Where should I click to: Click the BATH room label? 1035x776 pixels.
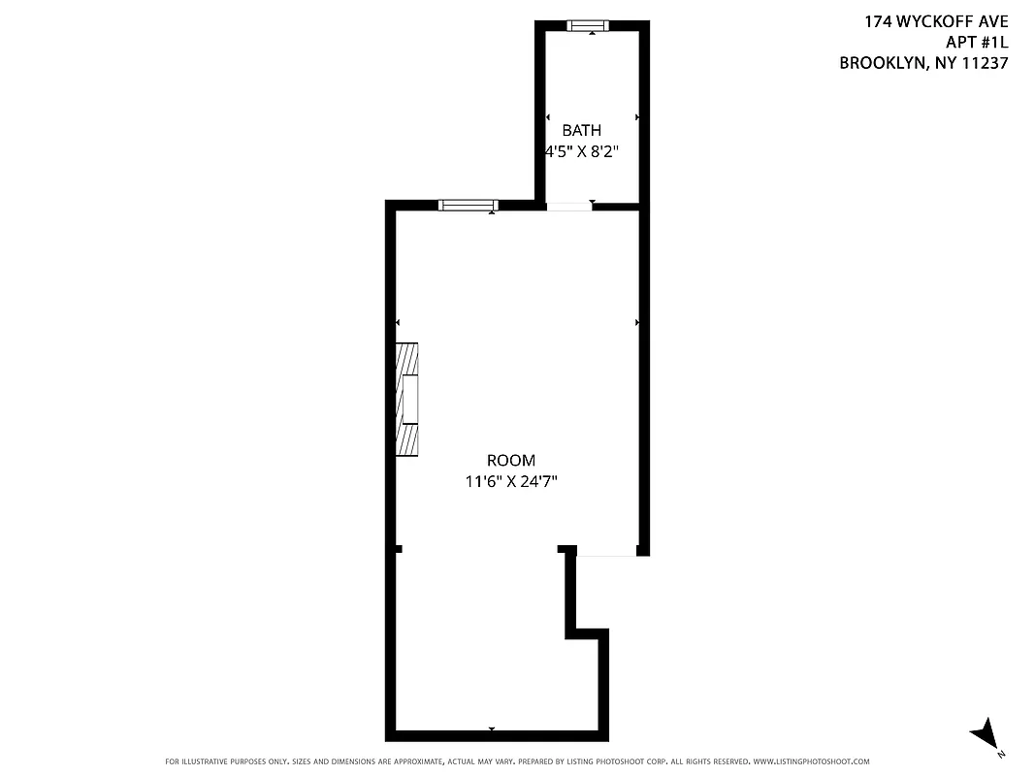pos(582,130)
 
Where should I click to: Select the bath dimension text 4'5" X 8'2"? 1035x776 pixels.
pos(582,151)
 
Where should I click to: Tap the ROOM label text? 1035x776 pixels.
pos(510,461)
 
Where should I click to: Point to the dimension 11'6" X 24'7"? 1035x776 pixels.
pos(510,480)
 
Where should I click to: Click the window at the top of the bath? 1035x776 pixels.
pos(586,26)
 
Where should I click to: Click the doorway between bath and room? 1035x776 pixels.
pos(568,206)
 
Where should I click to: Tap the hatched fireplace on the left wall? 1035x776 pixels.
pos(407,399)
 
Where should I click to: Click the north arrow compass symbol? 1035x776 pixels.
pos(986,734)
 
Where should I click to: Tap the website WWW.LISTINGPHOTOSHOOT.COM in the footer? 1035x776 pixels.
pos(811,761)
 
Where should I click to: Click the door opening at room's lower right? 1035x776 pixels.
pos(606,554)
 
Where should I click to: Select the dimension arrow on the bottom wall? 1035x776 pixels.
pos(492,728)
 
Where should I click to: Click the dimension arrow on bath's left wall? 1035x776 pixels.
pos(548,117)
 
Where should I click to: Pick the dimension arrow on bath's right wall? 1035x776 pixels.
pos(636,117)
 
